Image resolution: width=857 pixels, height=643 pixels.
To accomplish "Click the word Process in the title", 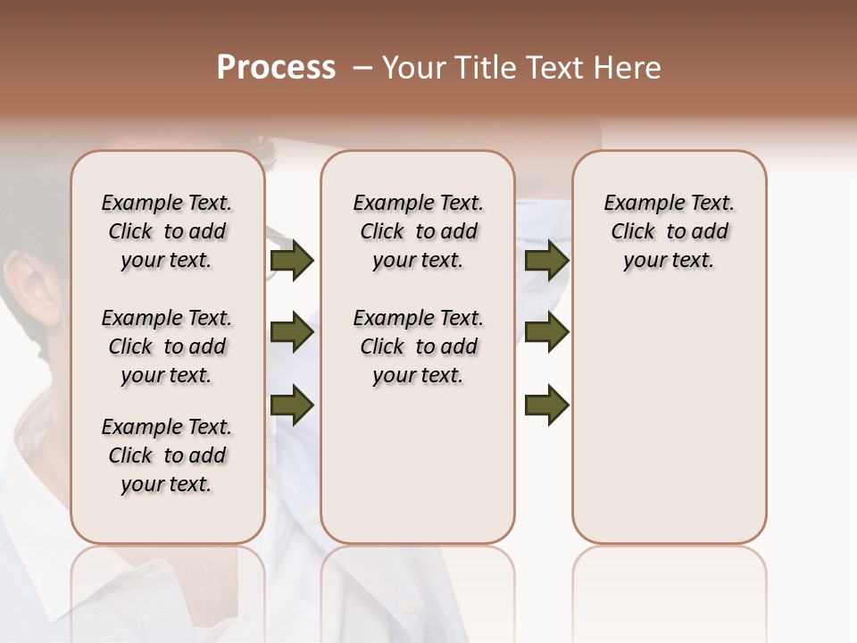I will pyautogui.click(x=276, y=68).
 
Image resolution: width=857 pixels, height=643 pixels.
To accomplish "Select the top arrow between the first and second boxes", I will pyautogui.click(x=292, y=260).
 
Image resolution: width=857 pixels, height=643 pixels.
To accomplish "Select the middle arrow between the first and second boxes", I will pyautogui.click(x=292, y=333).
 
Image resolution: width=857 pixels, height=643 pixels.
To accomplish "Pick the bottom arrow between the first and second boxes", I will pyautogui.click(x=292, y=405).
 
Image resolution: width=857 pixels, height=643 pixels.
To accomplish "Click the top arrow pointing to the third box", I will pyautogui.click(x=546, y=260).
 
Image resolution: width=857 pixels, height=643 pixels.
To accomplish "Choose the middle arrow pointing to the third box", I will pyautogui.click(x=546, y=333).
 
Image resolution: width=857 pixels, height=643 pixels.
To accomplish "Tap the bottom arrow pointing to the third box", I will pyautogui.click(x=546, y=405).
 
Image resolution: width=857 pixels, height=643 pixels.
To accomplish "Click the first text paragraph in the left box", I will pyautogui.click(x=167, y=231).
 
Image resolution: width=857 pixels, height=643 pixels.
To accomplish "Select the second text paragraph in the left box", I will pyautogui.click(x=167, y=347).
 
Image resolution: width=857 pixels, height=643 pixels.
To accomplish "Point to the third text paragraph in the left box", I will pyautogui.click(x=167, y=455).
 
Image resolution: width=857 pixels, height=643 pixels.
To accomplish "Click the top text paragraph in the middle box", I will pyautogui.click(x=418, y=231).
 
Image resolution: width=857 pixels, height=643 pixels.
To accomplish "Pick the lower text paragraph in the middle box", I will pyautogui.click(x=418, y=347).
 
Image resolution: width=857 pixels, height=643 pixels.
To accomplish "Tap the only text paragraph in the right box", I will pyautogui.click(x=669, y=231).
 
